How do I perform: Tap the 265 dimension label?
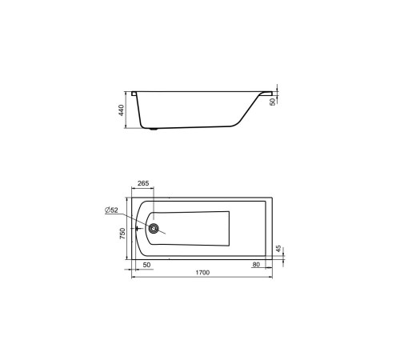tap(142, 184)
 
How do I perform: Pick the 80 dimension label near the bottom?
tap(255, 264)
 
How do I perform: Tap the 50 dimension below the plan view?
tap(146, 264)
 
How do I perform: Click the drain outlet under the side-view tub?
tap(154, 128)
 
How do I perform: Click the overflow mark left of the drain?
tap(139, 228)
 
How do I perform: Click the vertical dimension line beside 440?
tap(128, 110)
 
